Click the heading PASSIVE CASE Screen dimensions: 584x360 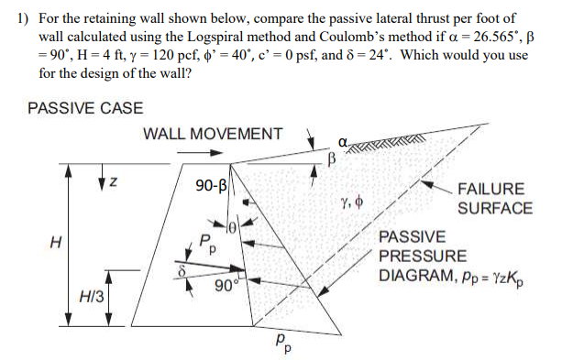coord(85,108)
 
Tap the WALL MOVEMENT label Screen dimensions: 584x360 coord(213,134)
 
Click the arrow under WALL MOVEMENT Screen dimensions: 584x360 coord(195,152)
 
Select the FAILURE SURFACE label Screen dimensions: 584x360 coord(494,199)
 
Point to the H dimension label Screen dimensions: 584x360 coord(57,244)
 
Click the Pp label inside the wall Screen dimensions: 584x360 coord(209,245)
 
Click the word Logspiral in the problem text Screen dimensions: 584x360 coord(276,34)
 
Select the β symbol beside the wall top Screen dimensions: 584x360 coord(333,158)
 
